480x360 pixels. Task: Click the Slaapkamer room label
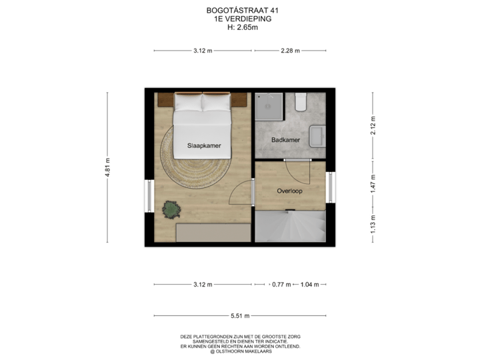click(x=204, y=145)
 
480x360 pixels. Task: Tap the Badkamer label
click(x=285, y=140)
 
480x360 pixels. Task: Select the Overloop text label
click(x=290, y=191)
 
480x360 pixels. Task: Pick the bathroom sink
click(x=319, y=136)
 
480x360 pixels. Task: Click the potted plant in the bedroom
click(x=171, y=209)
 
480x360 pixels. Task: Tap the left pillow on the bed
click(x=188, y=102)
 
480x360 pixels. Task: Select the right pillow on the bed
click(x=216, y=102)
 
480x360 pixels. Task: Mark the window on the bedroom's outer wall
click(x=149, y=195)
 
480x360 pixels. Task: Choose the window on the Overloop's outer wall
click(x=331, y=188)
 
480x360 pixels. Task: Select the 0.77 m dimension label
click(x=282, y=285)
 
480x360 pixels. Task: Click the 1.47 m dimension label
click(x=373, y=183)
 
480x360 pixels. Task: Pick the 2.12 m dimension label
click(x=373, y=125)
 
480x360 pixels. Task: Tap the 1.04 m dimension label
click(x=309, y=285)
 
